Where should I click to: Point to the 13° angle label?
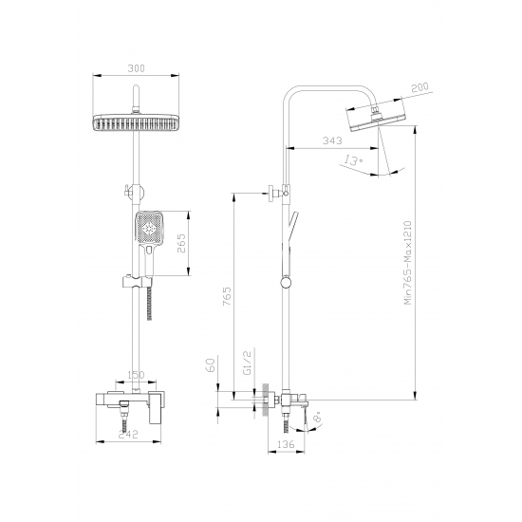pyautogui.click(x=352, y=163)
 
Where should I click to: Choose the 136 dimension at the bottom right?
pyautogui.click(x=283, y=442)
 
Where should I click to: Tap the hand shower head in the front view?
pyautogui.click(x=149, y=229)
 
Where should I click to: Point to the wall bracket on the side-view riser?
pyautogui.click(x=274, y=192)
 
